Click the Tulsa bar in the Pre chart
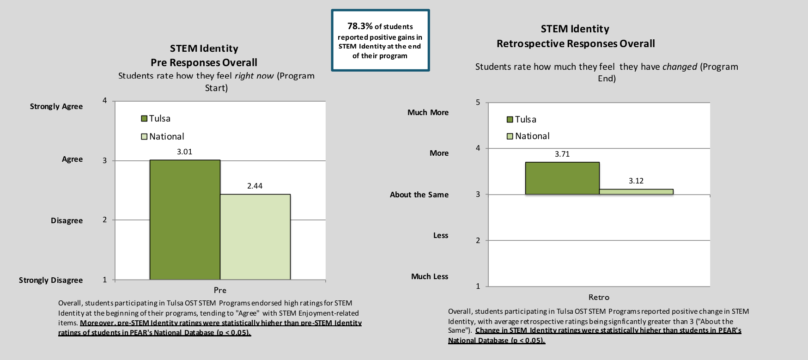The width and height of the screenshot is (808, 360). pos(185,220)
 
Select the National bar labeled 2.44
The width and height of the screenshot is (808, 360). pos(255,237)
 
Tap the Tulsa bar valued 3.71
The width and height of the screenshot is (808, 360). pos(562,178)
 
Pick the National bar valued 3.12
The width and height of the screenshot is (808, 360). pos(636,192)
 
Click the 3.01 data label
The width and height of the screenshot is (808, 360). pos(185,152)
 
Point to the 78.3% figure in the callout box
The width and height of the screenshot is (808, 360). pos(360,26)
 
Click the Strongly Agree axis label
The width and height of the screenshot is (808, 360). pos(56,106)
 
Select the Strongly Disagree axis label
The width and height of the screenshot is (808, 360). pos(51,280)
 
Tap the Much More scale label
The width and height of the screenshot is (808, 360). pos(428,112)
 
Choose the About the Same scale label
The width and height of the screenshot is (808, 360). pos(419,195)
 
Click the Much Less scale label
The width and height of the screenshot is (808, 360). pos(430,276)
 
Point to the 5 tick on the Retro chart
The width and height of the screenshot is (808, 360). pos(478,102)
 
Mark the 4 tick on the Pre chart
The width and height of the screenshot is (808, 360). pos(105,100)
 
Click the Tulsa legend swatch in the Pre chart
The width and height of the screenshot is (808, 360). pos(144,119)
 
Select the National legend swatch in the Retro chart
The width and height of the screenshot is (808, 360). pos(510,136)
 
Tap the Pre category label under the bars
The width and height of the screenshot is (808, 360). pos(220,290)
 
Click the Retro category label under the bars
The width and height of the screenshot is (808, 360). pos(599,297)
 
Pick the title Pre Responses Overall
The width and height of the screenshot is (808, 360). pos(204,62)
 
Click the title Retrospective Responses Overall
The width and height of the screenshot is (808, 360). pos(576,43)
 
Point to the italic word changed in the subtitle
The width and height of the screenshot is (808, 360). pos(680,67)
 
